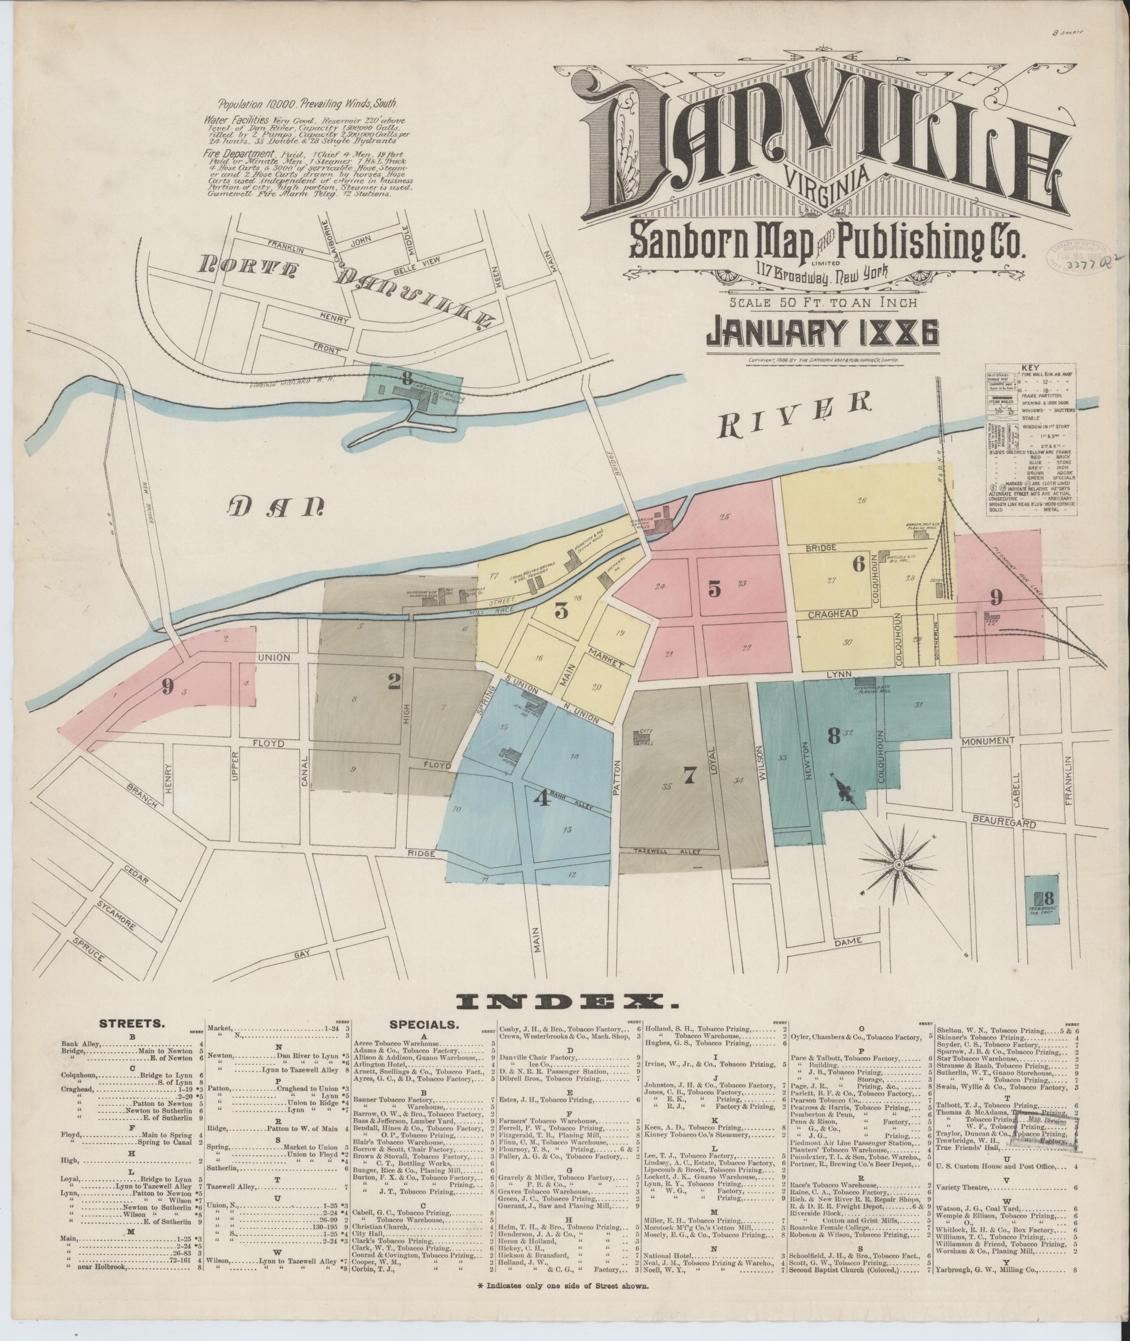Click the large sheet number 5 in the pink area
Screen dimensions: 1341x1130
coord(715,588)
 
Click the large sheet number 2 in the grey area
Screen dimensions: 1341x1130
coord(394,684)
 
